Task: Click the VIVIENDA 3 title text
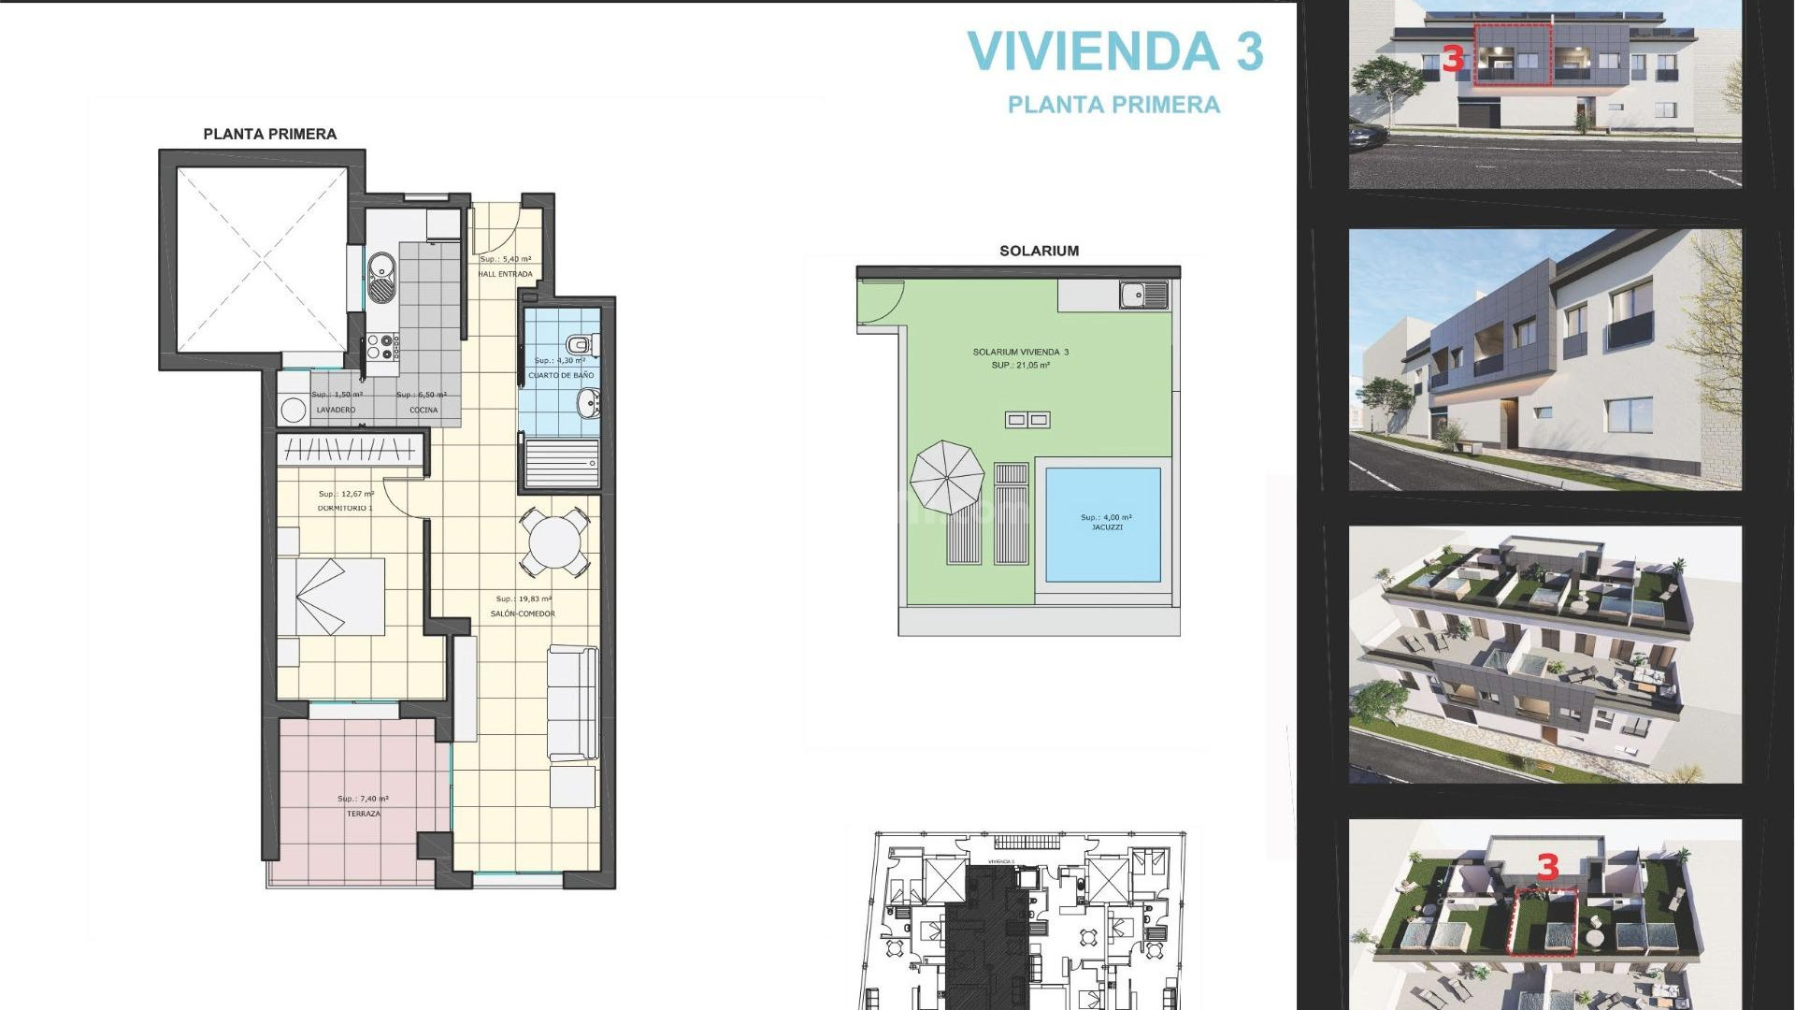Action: [1114, 51]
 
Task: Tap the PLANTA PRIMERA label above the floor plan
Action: [269, 134]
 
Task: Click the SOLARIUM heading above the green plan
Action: [1039, 251]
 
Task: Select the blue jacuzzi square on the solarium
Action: [1103, 525]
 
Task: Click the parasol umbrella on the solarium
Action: [947, 477]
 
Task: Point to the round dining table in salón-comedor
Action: [554, 541]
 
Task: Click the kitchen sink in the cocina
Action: [381, 278]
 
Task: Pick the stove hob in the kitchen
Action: [381, 347]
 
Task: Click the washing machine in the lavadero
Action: [294, 409]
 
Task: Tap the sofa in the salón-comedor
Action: [572, 702]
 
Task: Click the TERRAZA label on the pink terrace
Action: [364, 814]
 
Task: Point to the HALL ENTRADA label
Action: [505, 274]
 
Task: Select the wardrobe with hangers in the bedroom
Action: [351, 450]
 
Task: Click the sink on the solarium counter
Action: [1144, 296]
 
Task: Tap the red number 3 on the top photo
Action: [1451, 59]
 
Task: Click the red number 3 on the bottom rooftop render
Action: [1547, 867]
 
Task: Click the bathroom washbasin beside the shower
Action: [589, 404]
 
